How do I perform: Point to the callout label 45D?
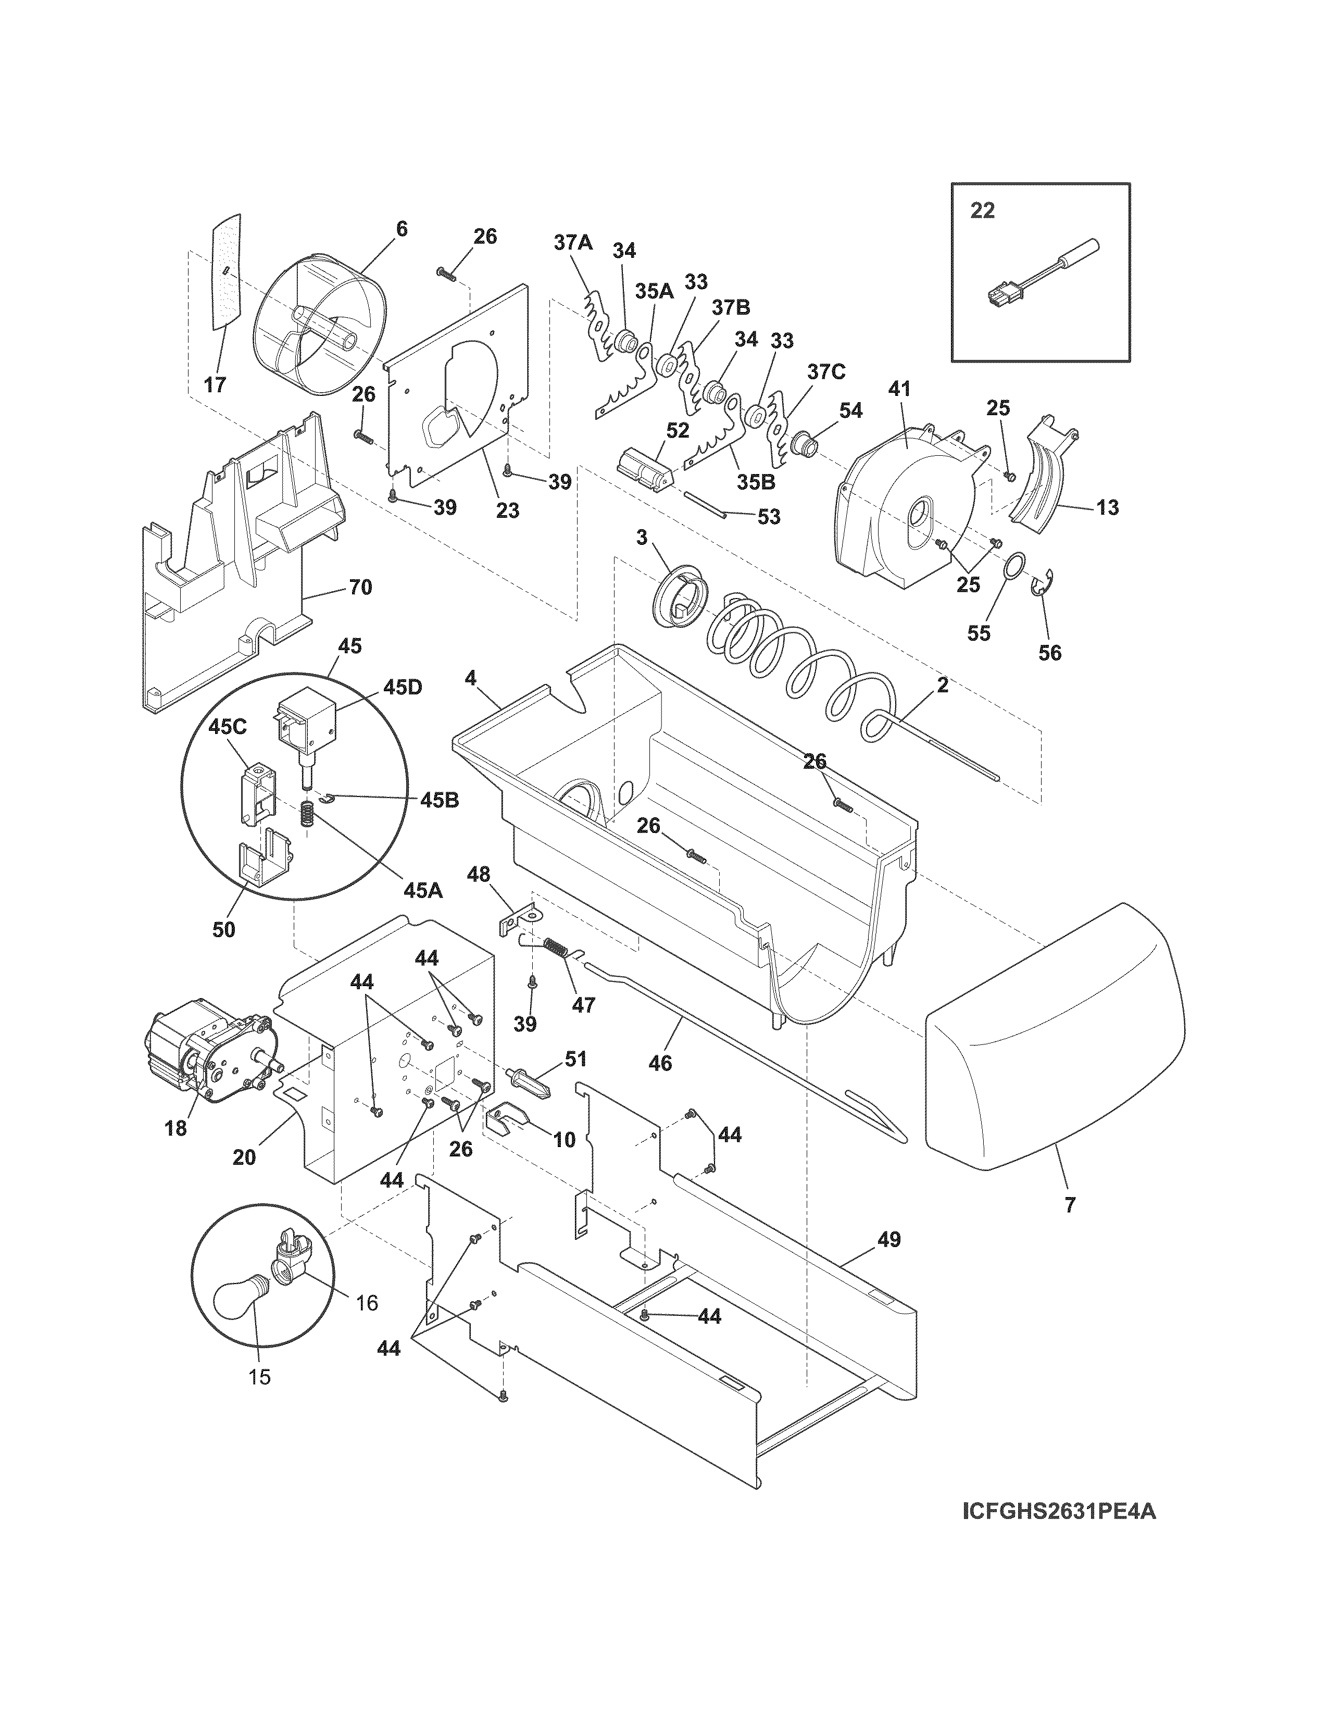(402, 687)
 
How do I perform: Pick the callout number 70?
(360, 587)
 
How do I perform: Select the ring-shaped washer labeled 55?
(1015, 566)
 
